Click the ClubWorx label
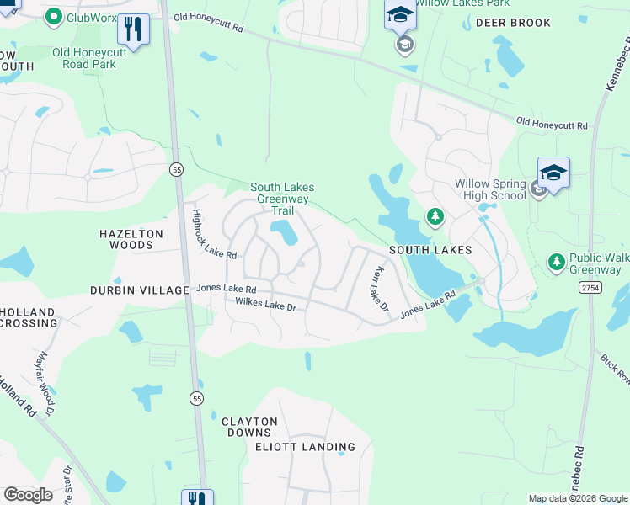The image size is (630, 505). tap(92, 17)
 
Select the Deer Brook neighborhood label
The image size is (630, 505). tap(513, 23)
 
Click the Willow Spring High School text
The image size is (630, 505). tap(490, 189)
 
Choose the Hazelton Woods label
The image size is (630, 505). tap(126, 239)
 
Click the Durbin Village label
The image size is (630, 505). tap(140, 290)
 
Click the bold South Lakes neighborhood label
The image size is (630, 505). tap(430, 251)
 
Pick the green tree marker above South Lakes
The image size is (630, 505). tap(435, 218)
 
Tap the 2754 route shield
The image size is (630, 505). tap(590, 288)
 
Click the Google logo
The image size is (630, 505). tap(29, 494)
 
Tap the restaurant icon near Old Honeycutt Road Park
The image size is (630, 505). tap(133, 29)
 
